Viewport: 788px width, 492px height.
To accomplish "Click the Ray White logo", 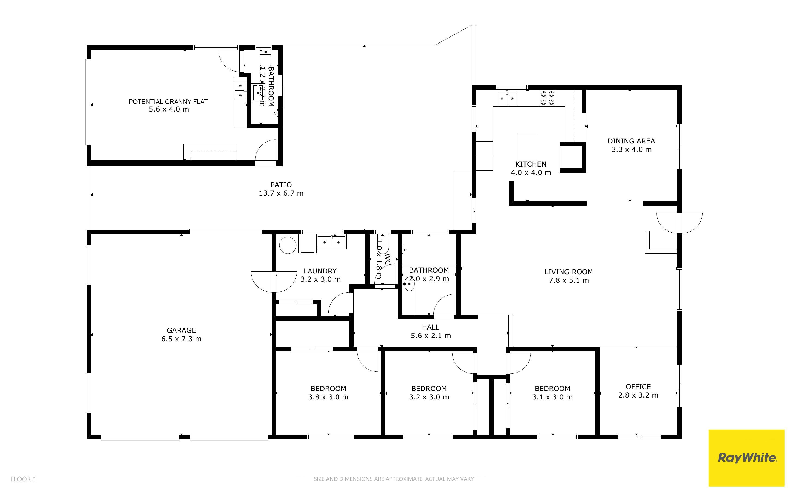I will point(747,457).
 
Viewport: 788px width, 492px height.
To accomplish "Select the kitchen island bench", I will point(527,146).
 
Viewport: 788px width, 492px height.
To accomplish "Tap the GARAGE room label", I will point(181,330).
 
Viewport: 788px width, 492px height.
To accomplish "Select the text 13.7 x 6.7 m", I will point(281,193).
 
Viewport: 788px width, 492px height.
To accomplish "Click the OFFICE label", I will point(638,387).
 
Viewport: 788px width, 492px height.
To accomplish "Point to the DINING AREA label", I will point(631,141).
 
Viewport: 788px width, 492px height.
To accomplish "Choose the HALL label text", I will point(430,327).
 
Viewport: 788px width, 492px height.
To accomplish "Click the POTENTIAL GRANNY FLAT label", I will point(168,102).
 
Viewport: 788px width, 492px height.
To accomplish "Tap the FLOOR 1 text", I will point(23,479).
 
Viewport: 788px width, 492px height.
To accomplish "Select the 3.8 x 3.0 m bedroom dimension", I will point(328,397).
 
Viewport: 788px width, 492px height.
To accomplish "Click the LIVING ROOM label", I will point(569,272).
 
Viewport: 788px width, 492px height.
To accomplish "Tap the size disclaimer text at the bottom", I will point(393,479).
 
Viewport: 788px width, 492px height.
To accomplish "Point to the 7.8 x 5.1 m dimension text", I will point(569,280).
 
